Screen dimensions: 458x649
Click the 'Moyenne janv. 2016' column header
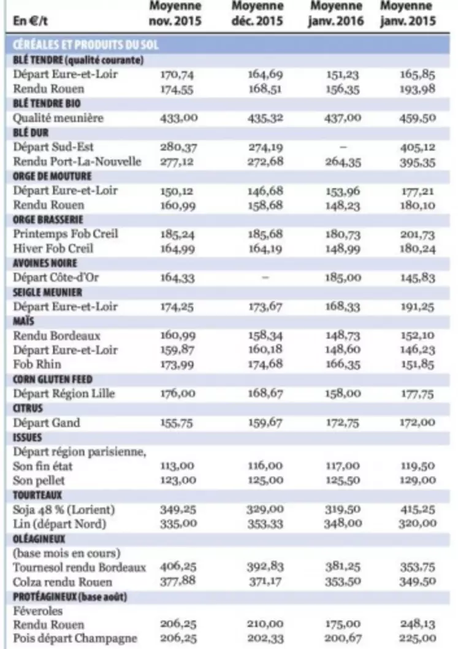[335, 13]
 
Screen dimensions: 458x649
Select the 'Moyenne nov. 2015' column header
[175, 13]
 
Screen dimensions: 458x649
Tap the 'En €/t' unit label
[30, 21]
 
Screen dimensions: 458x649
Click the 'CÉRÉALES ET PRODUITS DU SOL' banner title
[85, 45]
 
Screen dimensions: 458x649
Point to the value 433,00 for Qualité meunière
[179, 118]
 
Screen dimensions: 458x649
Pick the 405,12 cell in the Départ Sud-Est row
[417, 147]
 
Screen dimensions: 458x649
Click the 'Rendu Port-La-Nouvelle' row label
[77, 161]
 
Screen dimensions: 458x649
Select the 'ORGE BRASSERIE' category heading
[48, 220]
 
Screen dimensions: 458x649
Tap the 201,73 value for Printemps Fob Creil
[417, 235]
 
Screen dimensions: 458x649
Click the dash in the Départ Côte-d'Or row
[265, 278]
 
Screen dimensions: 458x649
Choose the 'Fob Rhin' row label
[37, 364]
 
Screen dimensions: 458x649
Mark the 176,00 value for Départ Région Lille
[177, 394]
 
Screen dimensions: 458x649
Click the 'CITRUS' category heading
[28, 409]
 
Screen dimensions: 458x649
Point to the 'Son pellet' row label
[39, 480]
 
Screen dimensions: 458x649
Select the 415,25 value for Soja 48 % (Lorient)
[417, 510]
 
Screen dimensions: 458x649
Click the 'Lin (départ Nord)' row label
[59, 524]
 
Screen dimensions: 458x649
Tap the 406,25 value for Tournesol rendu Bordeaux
[178, 567]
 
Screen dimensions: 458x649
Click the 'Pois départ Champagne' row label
[74, 638]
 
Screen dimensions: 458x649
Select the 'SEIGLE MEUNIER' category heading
[47, 292]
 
